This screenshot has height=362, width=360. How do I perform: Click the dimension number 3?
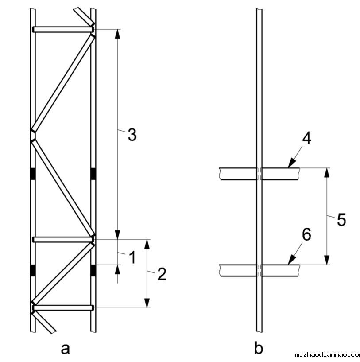coord(132,135)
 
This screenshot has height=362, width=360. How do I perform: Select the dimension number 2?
coord(162,274)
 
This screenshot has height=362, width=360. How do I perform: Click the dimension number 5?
coord(341,219)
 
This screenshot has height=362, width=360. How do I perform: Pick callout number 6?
coord(306,235)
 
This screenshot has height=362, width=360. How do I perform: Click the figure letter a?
coord(65,349)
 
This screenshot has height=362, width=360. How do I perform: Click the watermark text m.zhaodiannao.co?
coord(328,355)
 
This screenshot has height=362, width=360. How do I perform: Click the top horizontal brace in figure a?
coord(62,29)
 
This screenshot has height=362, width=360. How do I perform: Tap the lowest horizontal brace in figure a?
coord(62,307)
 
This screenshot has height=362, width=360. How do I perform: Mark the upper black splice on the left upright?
coord(32,174)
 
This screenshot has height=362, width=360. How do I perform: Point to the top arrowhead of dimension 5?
coord(327,172)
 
